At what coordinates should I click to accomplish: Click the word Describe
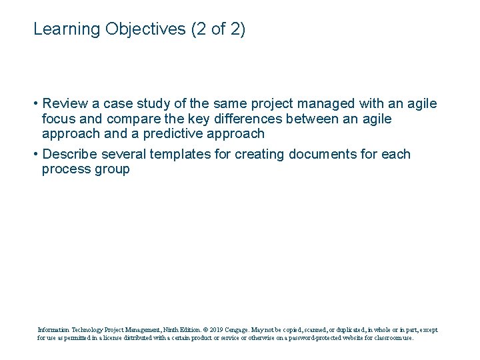coord(71,155)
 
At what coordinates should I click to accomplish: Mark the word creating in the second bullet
coord(257,155)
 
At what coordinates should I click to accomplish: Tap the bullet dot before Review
coord(35,104)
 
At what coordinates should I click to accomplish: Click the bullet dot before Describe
coord(35,155)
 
